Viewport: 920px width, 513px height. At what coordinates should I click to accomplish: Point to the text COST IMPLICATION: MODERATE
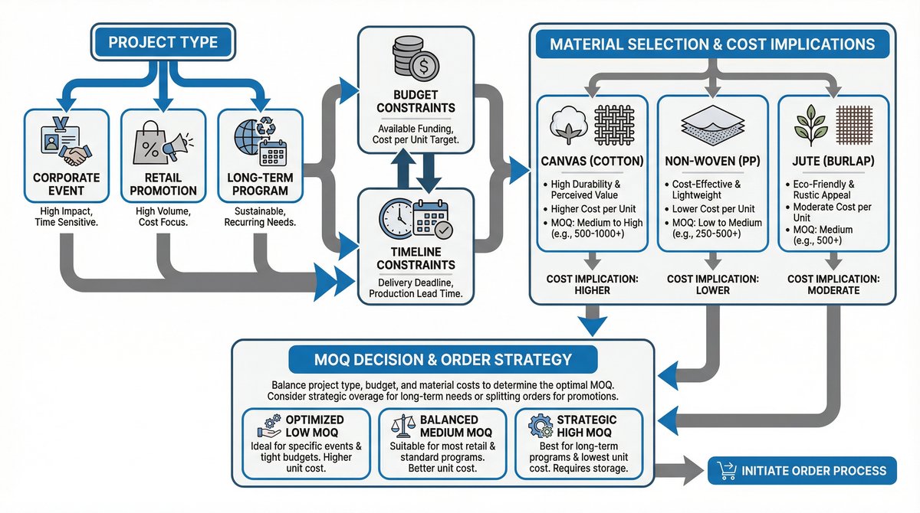pos(835,285)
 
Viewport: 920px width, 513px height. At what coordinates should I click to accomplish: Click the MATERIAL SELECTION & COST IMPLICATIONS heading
pos(712,44)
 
